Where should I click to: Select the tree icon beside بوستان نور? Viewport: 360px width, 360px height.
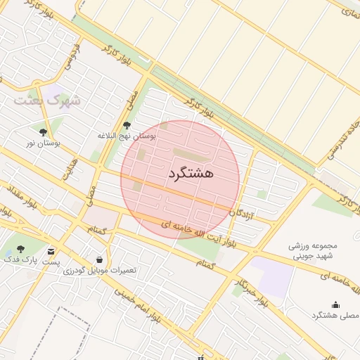tap(44, 131)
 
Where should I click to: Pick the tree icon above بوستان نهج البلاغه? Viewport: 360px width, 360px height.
tap(127, 124)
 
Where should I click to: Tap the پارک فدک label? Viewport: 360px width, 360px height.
tap(20, 260)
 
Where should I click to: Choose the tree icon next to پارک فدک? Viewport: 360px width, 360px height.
tap(20, 249)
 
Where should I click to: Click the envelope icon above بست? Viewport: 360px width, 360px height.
tap(51, 251)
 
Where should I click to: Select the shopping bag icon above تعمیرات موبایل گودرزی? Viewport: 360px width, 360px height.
tap(99, 259)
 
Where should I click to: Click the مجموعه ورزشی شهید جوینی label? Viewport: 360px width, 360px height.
tap(314, 251)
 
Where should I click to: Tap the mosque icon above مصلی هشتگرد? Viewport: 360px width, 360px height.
tap(335, 304)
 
